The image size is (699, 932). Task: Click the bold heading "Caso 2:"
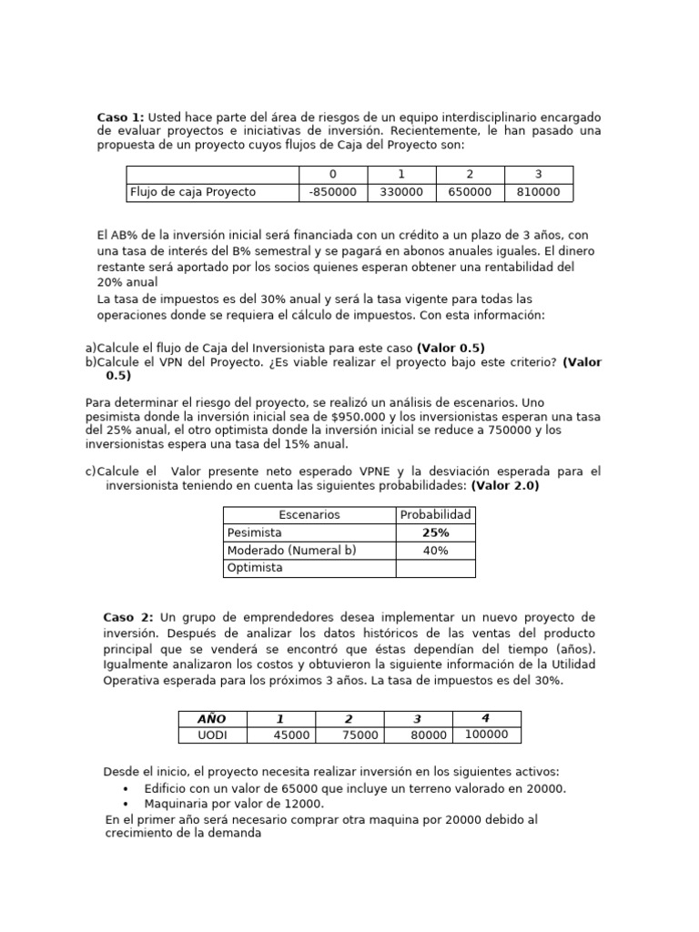tap(128, 617)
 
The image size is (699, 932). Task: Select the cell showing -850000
tap(332, 192)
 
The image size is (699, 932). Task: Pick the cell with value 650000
tap(470, 192)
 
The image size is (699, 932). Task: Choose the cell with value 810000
tap(538, 192)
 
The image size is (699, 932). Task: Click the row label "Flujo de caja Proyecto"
tap(193, 192)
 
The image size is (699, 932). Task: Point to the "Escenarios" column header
tap(309, 515)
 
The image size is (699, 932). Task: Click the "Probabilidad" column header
tap(435, 515)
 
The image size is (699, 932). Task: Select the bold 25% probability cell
tap(435, 532)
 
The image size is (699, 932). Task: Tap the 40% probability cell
tap(435, 551)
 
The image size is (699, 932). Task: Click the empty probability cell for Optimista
tap(435, 568)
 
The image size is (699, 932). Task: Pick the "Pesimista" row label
tap(255, 532)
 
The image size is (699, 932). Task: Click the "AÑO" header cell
tap(211, 719)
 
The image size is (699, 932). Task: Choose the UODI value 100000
tap(486, 734)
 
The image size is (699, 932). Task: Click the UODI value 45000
tap(291, 735)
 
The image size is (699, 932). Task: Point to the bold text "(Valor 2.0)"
tap(505, 486)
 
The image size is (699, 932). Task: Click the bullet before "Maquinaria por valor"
tap(125, 805)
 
